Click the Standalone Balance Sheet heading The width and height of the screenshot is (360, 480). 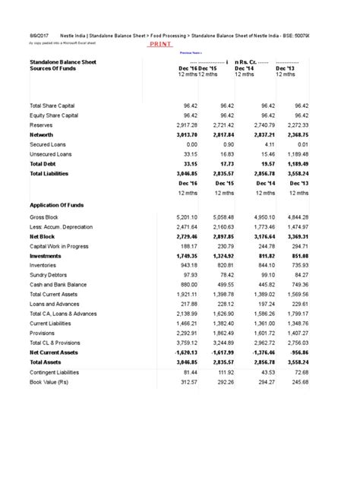pyautogui.click(x=63, y=62)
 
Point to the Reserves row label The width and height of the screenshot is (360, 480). pyautogui.click(x=43, y=124)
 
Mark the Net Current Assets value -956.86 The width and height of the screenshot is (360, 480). pyautogui.click(x=295, y=352)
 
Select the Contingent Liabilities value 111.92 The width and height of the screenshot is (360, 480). pyautogui.click(x=226, y=372)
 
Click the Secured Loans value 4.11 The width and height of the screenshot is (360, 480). pyautogui.click(x=263, y=143)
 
